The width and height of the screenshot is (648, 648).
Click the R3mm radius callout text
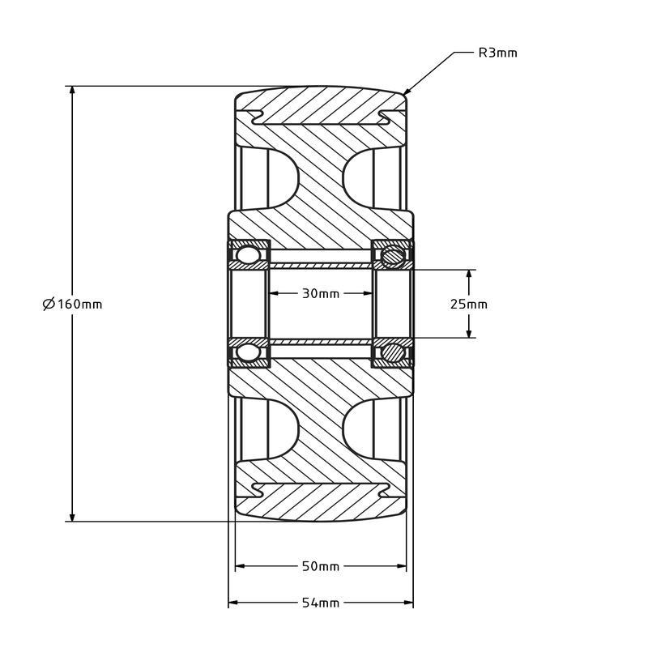coord(497,53)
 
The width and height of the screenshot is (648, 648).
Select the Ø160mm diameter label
coord(73,305)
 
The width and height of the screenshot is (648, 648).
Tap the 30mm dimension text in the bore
coord(321,293)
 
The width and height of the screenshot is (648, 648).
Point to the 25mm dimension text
coord(469,305)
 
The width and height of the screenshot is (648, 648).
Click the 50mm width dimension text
coord(321,566)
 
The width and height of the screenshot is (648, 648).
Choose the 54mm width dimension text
coord(321,603)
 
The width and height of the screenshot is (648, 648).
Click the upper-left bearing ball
coord(249,256)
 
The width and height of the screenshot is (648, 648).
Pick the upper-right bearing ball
coord(393,256)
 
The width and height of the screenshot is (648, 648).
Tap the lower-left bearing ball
coord(249,352)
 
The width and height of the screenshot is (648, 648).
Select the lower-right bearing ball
coord(393,352)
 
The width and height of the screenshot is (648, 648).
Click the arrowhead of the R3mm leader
coord(407,92)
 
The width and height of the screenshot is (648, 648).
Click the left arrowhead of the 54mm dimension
coord(233,603)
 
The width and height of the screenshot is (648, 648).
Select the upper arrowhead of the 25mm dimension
coord(469,275)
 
